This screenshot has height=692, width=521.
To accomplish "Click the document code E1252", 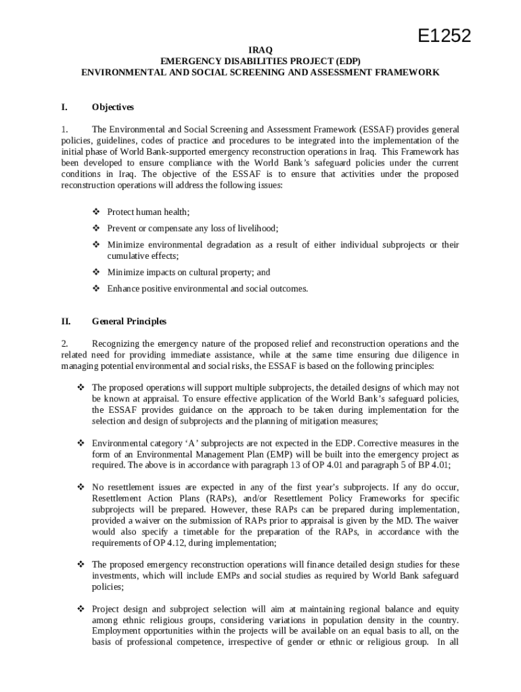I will [x=443, y=36].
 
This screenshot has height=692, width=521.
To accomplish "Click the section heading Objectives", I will [x=113, y=107].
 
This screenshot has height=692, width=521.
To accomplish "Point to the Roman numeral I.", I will [x=64, y=107].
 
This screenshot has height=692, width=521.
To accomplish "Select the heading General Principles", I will [x=129, y=322].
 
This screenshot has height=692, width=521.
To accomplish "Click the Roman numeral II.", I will [x=66, y=322].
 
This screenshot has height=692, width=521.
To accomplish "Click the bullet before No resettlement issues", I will [x=81, y=487].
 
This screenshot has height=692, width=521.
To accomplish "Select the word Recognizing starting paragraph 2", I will [x=116, y=344].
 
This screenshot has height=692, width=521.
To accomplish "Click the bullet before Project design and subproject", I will [x=81, y=609].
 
